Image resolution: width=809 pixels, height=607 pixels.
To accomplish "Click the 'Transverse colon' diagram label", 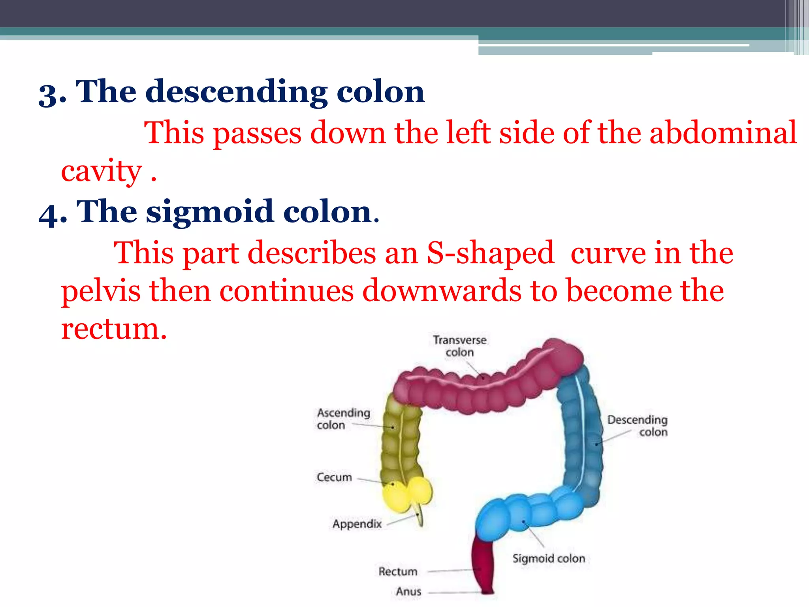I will pos(459,346).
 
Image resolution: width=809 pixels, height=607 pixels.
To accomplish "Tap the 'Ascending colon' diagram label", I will pos(343,418).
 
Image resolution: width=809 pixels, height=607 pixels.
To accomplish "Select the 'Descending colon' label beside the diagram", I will pos(637,426).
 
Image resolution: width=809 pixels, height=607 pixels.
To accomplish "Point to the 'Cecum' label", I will pos(334,477).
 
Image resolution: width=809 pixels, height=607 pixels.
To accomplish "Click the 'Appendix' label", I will pos(357,524).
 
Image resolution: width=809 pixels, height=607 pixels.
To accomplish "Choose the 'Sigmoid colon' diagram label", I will pos(548,558).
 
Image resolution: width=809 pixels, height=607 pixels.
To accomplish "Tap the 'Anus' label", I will pos(408,592).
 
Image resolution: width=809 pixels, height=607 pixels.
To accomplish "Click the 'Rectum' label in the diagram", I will pos(397,571).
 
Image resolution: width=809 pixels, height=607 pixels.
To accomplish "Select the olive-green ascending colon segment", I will pos(399,439).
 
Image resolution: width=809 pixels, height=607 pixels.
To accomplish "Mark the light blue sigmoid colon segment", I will pos(525,514).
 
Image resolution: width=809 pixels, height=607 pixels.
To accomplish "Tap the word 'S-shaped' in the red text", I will pos(490,253).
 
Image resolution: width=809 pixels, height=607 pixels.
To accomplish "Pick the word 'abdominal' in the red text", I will pos(723,133).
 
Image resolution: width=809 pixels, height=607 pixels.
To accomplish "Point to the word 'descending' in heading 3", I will pos(236,92).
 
